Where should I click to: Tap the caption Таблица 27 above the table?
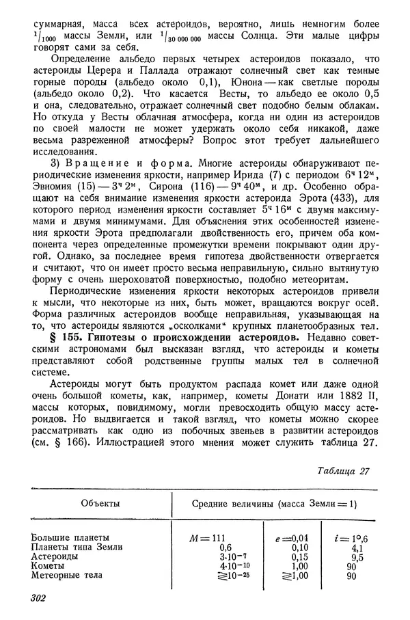click(x=344, y=471)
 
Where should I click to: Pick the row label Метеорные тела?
click(x=66, y=576)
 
